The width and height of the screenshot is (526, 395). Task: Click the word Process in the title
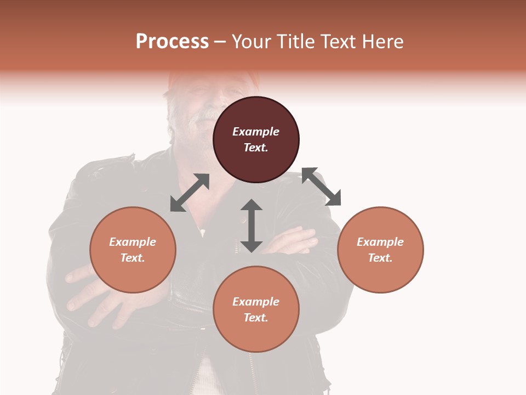(172, 42)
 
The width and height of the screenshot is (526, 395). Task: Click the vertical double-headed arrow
(251, 225)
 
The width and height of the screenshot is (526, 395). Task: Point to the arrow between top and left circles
(190, 193)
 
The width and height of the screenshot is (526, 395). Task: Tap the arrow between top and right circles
(321, 187)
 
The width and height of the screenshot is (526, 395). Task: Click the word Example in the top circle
(256, 132)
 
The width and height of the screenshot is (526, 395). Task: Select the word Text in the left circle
(133, 258)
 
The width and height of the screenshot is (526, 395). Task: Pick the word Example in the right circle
(380, 242)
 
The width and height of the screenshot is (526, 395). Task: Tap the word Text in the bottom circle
(256, 318)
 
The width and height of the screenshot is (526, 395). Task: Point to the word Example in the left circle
(133, 242)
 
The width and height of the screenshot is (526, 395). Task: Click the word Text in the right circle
(380, 258)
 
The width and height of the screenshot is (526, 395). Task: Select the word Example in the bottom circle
(256, 302)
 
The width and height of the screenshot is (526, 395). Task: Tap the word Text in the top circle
(256, 148)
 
